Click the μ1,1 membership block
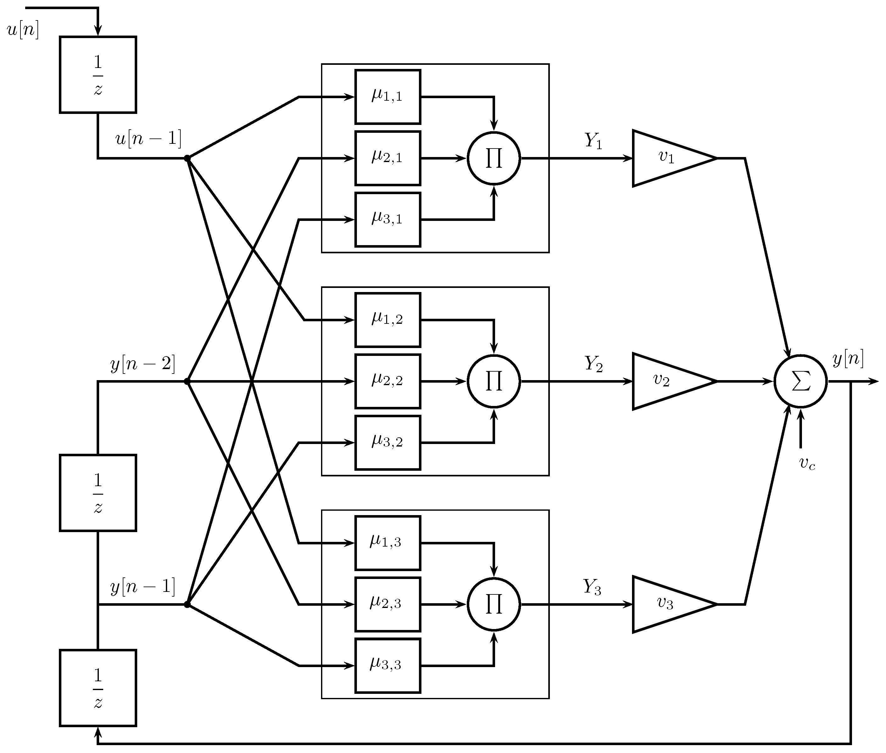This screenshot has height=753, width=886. [x=387, y=97]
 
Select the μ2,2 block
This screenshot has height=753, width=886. [x=387, y=381]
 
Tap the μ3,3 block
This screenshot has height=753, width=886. [x=387, y=665]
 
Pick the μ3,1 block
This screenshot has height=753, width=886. [x=387, y=219]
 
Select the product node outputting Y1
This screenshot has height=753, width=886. [x=494, y=158]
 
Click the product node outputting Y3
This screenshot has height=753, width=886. [x=494, y=604]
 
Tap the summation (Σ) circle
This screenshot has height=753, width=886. [x=800, y=381]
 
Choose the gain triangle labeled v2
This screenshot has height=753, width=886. [x=666, y=381]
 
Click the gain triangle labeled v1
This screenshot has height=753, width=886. [x=666, y=158]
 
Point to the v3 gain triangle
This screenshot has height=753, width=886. [x=666, y=604]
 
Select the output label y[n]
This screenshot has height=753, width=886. [x=848, y=359]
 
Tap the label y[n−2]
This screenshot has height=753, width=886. [x=143, y=364]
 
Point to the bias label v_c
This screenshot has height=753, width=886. [x=807, y=463]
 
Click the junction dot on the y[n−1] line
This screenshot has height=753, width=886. [x=187, y=604]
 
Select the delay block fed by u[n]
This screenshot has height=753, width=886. [x=98, y=75]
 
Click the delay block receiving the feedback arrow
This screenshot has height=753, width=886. [x=98, y=688]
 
